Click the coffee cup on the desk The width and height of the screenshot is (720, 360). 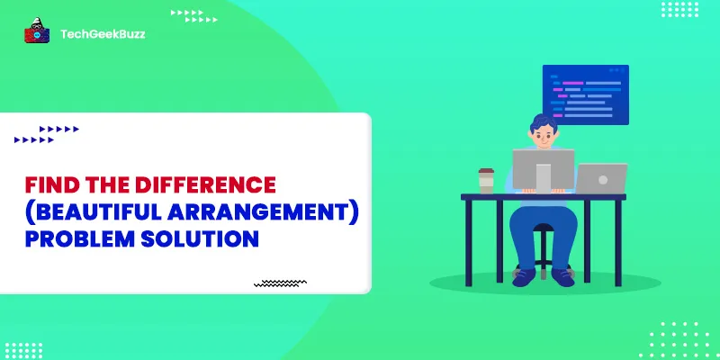click(x=486, y=180)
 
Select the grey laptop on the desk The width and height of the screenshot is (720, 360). click(x=600, y=178)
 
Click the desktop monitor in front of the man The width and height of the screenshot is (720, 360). click(x=543, y=170)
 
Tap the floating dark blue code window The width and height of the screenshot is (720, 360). click(x=585, y=94)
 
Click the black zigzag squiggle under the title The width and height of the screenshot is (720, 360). click(x=281, y=283)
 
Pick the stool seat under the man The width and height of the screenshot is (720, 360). click(x=543, y=229)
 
